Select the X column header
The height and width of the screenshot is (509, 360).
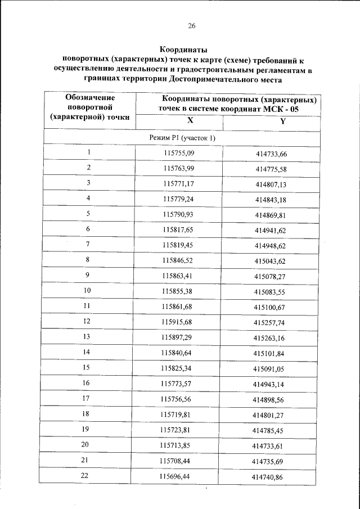point(190,120)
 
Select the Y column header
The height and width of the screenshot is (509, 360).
point(283,121)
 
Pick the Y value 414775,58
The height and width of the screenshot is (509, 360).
point(271,169)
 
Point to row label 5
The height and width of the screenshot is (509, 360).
point(88,213)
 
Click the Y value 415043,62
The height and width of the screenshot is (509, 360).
point(271,261)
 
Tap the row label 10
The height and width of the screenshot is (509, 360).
point(87,290)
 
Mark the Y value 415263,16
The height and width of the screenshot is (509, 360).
point(270,338)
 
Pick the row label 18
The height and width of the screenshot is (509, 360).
point(86,413)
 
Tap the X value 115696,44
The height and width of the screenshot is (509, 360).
point(176,476)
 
